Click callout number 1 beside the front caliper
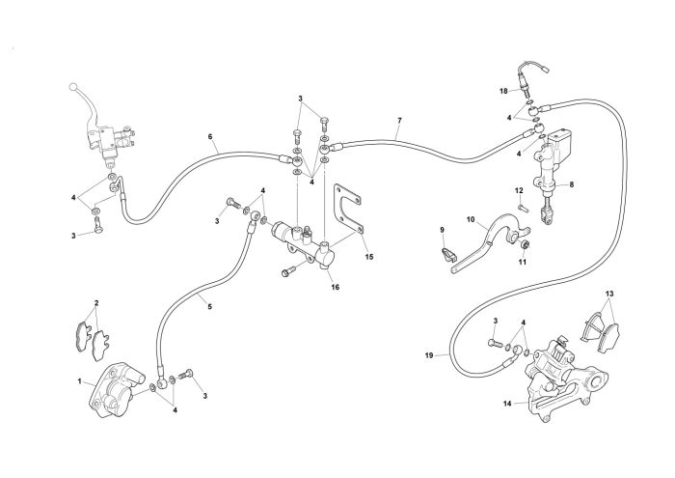80,381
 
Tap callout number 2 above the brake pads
96,303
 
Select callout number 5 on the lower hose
209,307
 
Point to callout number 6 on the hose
210,136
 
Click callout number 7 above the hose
399,120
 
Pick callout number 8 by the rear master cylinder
572,184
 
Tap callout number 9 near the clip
442,230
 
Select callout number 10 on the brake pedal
471,220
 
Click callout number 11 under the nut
523,262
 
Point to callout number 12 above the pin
519,190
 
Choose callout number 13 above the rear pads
609,294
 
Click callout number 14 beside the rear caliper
507,404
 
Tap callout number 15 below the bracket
369,257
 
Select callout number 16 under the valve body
336,287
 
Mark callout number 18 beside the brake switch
503,91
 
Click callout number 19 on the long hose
429,355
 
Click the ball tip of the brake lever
73,87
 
